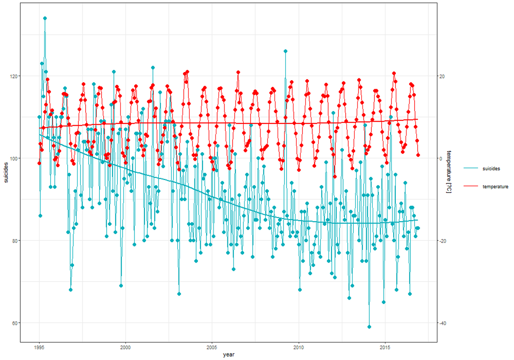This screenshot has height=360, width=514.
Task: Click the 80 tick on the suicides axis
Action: click(14, 240)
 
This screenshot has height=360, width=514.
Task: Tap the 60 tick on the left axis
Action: click(14, 323)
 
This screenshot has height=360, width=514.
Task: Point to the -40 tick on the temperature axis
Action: click(442, 323)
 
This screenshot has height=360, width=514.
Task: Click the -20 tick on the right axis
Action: click(442, 240)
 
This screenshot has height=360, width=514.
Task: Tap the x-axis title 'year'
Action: click(228, 355)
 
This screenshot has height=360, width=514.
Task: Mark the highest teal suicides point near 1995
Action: click(45, 18)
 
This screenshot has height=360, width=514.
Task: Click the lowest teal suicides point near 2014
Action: click(369, 327)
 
